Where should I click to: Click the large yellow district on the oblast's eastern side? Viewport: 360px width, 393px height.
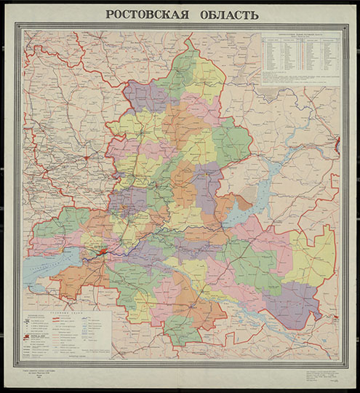pyautogui.click(x=313, y=255)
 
